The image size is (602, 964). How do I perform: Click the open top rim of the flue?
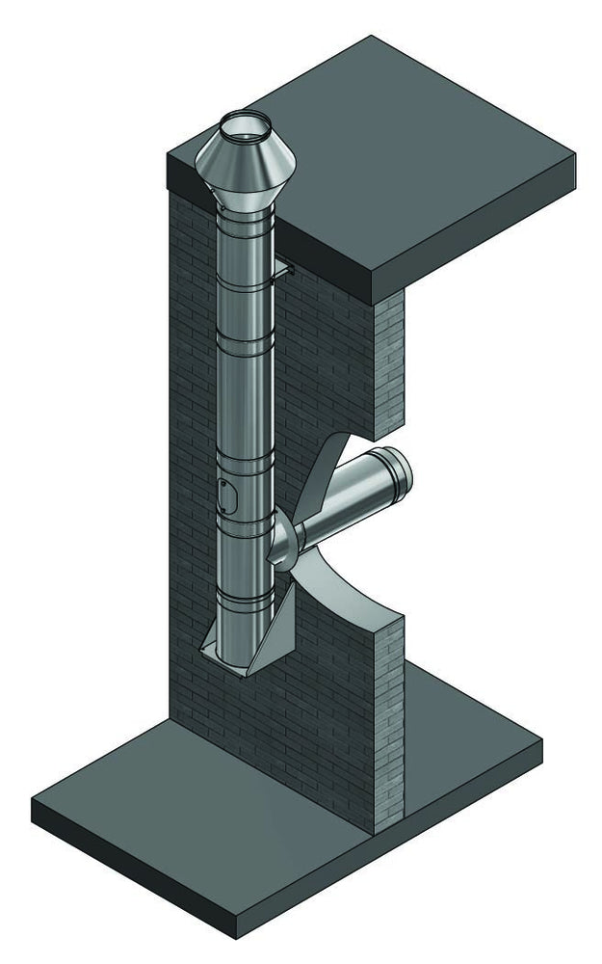click(x=246, y=122)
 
